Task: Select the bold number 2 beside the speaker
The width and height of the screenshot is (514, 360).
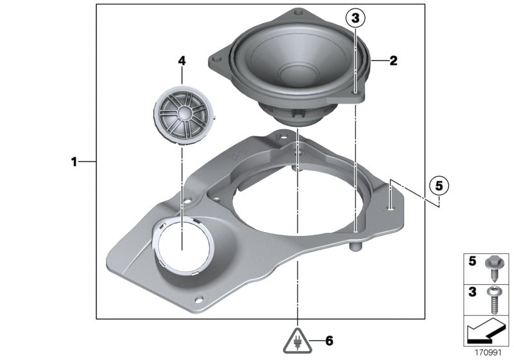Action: coord(393,61)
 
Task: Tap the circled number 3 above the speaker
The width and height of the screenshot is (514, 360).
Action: coord(355,19)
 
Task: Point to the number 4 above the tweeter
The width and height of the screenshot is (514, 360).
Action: coord(182,60)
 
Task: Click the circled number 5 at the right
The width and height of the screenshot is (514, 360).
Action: coord(439,186)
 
